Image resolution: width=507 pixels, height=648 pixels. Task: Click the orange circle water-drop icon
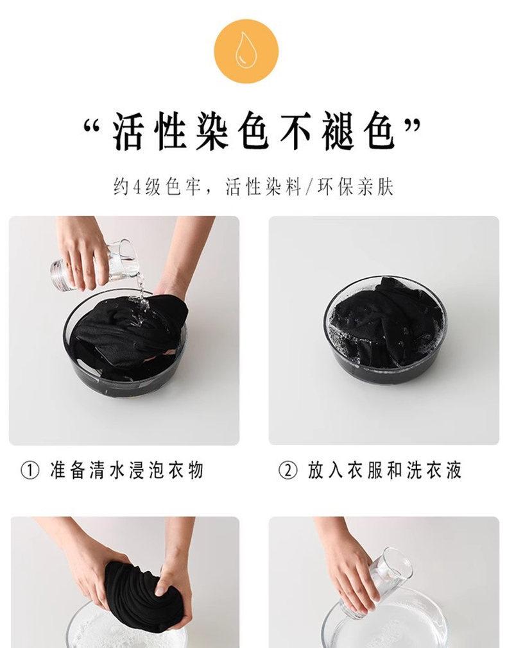[246, 51]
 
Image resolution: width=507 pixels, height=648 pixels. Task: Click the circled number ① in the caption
[30, 470]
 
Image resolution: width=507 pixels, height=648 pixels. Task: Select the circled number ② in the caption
[288, 470]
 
